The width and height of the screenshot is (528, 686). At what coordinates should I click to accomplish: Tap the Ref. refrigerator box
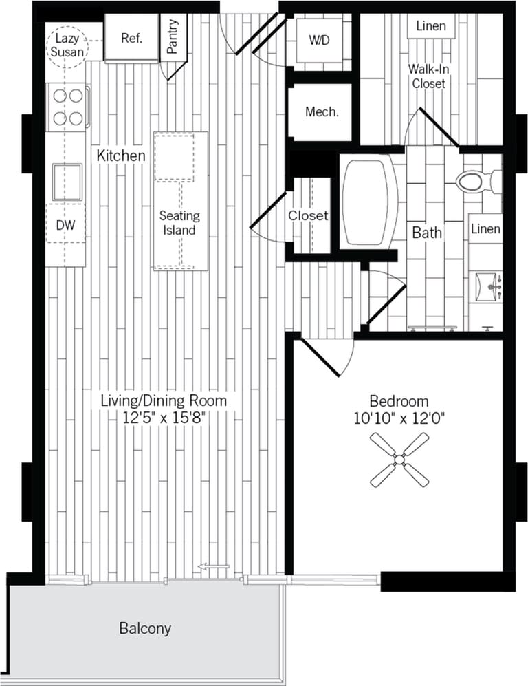(131, 39)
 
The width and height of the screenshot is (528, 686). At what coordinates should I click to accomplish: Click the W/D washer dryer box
(318, 40)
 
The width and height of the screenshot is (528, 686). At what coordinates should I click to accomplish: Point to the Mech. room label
(321, 111)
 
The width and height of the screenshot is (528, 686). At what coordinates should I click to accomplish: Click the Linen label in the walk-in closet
(431, 27)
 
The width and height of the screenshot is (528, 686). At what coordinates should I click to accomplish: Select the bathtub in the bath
(370, 203)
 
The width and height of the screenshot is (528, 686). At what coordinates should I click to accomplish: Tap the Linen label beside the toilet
(485, 229)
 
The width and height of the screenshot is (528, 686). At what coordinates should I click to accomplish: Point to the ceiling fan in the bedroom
(398, 460)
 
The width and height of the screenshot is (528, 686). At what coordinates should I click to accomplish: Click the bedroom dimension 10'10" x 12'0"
(399, 418)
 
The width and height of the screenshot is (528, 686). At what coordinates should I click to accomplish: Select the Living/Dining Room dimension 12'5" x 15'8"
(164, 416)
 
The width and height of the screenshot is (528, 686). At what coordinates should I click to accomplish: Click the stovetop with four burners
(67, 107)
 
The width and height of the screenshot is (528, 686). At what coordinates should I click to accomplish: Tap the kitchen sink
(67, 180)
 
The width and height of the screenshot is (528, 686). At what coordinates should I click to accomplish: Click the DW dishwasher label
(66, 224)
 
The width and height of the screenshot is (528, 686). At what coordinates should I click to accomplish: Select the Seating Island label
(179, 223)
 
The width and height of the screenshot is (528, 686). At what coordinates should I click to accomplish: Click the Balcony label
(145, 628)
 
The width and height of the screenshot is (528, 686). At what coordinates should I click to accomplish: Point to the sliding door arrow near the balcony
(213, 567)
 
